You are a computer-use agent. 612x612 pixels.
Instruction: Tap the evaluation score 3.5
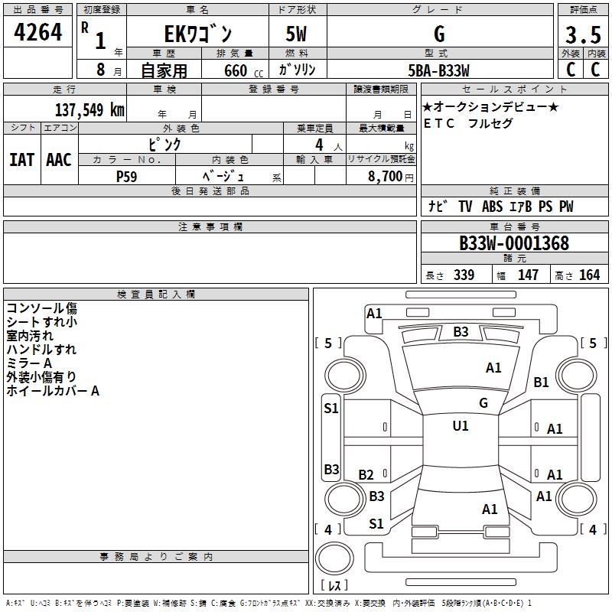click(582, 35)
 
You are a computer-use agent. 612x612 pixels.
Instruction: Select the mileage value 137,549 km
click(89, 109)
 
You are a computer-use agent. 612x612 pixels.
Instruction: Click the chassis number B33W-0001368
click(513, 243)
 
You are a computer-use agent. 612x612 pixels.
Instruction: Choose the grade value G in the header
click(438, 34)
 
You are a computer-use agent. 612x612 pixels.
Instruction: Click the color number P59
click(127, 175)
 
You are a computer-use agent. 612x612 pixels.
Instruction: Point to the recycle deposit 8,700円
click(390, 176)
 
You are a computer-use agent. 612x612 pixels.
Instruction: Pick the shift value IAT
click(21, 160)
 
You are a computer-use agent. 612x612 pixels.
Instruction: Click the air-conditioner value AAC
click(59, 160)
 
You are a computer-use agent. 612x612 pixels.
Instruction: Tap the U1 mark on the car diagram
click(461, 426)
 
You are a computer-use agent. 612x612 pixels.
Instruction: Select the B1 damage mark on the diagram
click(542, 382)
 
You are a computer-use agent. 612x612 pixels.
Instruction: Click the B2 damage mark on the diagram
click(366, 475)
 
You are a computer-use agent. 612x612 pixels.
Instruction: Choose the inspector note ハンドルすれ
click(41, 350)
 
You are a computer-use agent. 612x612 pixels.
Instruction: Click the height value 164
click(589, 275)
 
